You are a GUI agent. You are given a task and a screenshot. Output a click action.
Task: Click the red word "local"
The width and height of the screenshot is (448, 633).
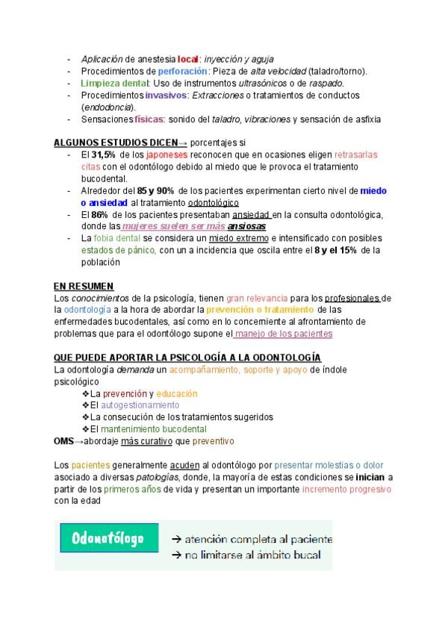pos(187,58)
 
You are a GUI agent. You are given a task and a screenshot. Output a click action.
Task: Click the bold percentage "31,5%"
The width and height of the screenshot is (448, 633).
pos(105,155)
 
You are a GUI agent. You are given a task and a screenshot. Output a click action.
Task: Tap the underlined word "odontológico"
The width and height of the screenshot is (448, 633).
pos(214,202)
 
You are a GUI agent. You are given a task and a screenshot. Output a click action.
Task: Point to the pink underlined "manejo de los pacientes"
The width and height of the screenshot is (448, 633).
pos(287,334)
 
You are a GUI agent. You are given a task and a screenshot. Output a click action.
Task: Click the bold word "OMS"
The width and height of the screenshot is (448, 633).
pos(63,441)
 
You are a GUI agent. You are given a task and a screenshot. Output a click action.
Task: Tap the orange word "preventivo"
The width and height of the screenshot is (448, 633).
pos(213,441)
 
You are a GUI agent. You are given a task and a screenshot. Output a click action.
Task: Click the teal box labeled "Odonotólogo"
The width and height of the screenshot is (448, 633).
pos(109,538)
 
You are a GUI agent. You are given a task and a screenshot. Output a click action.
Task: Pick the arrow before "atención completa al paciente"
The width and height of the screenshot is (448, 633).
pos(176,538)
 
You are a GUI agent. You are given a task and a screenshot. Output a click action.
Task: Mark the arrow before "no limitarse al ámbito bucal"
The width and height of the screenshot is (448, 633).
pos(176,555)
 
